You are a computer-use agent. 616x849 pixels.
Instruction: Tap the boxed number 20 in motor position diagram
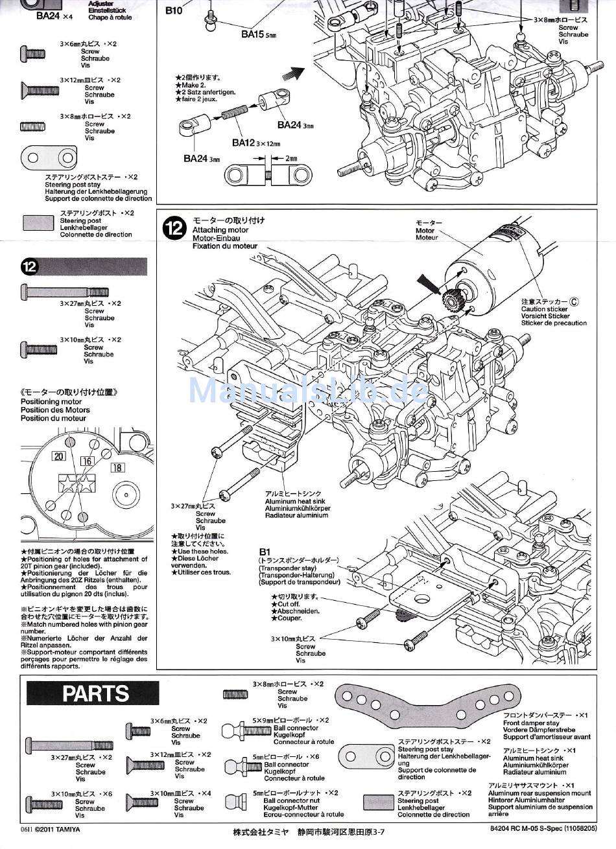(x=59, y=456)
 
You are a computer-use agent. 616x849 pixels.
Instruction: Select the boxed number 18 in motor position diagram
(x=117, y=467)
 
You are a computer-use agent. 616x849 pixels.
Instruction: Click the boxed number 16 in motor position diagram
(x=87, y=461)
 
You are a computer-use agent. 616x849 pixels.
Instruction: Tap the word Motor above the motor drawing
(x=425, y=230)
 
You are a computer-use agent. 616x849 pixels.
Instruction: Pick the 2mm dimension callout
(x=291, y=157)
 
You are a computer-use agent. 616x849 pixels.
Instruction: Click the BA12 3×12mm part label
(x=255, y=143)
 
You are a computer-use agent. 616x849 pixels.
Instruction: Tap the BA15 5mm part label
(x=258, y=34)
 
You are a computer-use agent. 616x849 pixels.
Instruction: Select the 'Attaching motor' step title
(x=220, y=229)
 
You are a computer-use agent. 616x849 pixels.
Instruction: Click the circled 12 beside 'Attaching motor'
(x=174, y=229)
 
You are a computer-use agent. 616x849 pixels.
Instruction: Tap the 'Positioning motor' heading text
(x=51, y=402)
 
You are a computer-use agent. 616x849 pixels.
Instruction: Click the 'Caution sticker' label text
(x=544, y=309)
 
